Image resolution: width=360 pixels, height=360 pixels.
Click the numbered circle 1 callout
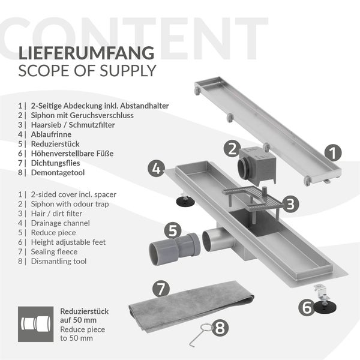point(332,152)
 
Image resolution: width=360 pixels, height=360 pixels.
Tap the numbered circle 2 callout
point(233,149)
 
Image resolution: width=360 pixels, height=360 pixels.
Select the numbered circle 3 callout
point(291,203)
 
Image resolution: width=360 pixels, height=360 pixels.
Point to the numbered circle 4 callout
point(157,169)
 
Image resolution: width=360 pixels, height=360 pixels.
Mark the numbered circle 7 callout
point(160,288)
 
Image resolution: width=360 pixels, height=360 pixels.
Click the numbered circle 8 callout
point(220,328)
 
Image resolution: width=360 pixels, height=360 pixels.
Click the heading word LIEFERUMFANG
point(86,53)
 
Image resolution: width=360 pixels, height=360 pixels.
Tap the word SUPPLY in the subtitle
point(127,71)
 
